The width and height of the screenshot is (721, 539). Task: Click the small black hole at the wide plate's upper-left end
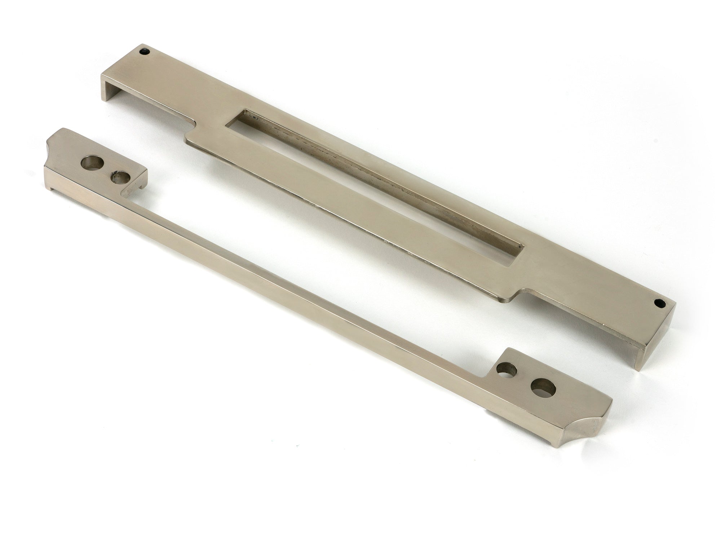pos(145,52)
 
